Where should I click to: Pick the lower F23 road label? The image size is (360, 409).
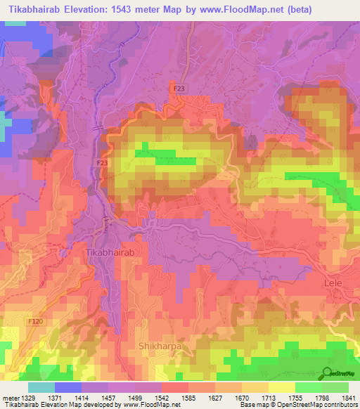point(102,162)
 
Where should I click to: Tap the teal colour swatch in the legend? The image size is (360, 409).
point(41,387)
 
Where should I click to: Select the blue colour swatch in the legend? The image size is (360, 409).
point(67,387)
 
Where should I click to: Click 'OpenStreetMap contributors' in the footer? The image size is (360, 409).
point(309,404)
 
